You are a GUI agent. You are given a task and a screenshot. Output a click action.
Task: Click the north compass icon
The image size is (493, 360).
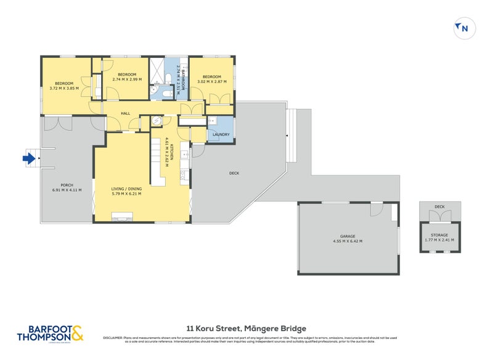pyautogui.click(x=463, y=28)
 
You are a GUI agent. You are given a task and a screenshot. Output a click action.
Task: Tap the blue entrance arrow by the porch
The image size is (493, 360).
pyautogui.click(x=28, y=158)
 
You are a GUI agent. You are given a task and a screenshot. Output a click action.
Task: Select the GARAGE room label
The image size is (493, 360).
pyautogui.click(x=348, y=235)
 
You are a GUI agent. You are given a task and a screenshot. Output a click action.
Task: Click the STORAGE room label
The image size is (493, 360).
pyautogui.click(x=439, y=234)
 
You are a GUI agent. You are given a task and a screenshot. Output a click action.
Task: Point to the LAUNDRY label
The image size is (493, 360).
pyautogui.click(x=221, y=134)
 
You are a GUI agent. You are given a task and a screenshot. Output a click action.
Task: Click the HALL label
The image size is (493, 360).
pyautogui.click(x=125, y=113)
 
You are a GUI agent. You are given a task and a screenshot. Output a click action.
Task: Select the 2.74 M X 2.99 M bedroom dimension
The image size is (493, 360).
pyautogui.click(x=126, y=80)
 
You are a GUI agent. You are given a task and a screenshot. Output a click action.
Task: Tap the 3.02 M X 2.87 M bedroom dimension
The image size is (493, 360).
pyautogui.click(x=211, y=81)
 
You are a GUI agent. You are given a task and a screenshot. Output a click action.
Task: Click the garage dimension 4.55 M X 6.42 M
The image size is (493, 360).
pyautogui.click(x=348, y=240)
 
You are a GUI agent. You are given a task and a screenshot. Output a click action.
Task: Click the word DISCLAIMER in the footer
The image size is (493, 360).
pyautogui.click(x=113, y=338)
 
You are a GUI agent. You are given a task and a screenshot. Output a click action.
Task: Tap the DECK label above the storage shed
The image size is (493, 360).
pyautogui.click(x=439, y=207)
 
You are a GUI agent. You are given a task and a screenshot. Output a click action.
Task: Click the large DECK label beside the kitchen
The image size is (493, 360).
pyautogui.click(x=234, y=173)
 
